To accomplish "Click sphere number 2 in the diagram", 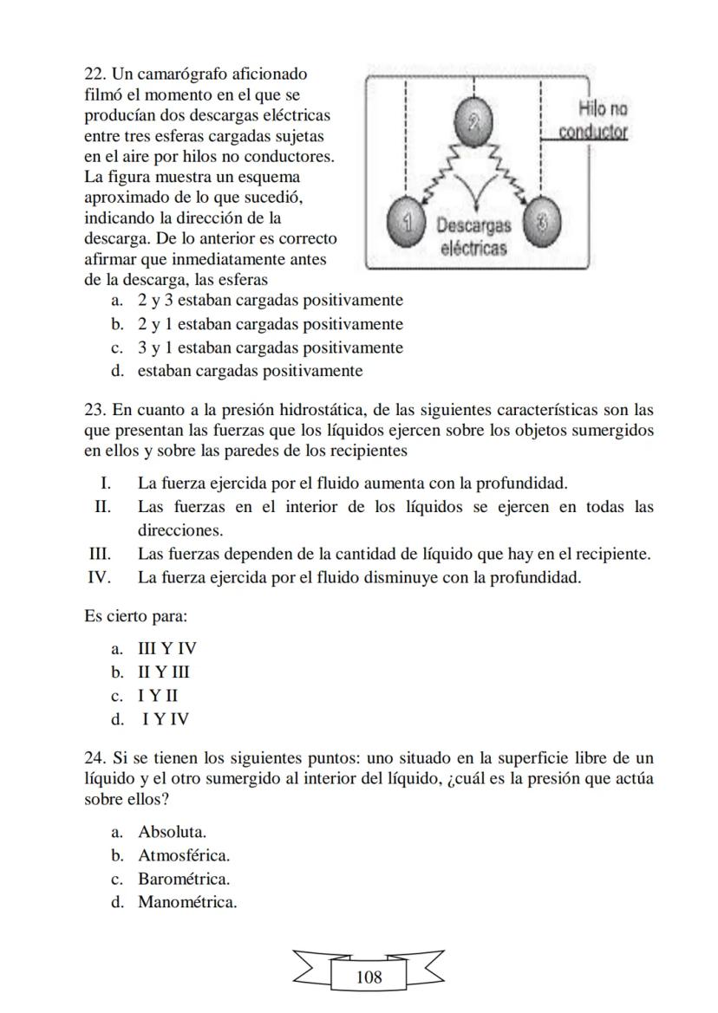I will point(473,121).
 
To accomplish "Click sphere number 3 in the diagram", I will point(542,222).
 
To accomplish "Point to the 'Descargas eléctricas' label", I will point(473,237).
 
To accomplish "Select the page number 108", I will point(369,977).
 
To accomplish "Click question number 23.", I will point(95,409).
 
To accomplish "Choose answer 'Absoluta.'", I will point(172,832).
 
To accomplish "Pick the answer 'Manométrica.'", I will point(186,902).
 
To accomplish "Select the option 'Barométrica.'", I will point(183,879).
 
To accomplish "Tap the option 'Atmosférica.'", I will point(183,855).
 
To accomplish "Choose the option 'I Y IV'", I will point(166,718).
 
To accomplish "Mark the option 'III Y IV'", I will point(166,648).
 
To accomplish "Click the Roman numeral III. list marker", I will point(101,554).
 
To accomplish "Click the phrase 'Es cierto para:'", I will point(135,616).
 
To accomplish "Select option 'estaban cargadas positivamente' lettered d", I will point(250,371).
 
